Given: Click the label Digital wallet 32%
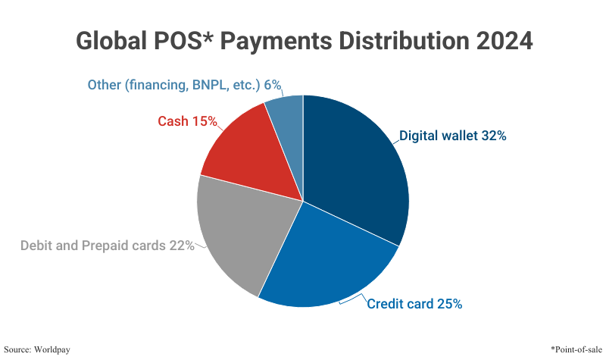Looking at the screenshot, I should pyautogui.click(x=452, y=136).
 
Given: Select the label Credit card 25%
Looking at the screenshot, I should pyautogui.click(x=414, y=305).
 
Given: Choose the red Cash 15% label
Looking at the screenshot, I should pyautogui.click(x=187, y=121).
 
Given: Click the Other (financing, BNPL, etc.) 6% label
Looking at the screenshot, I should pyautogui.click(x=179, y=84).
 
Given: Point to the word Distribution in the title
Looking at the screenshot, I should pyautogui.click(x=411, y=41).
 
